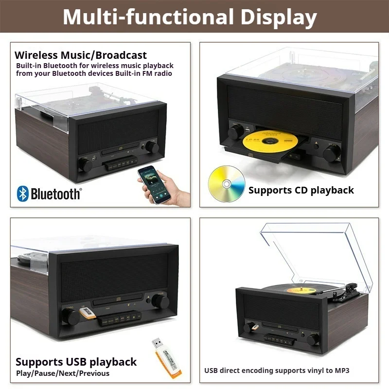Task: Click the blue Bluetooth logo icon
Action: [22, 194]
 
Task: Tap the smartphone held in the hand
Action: [154, 184]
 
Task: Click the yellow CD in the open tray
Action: [270, 141]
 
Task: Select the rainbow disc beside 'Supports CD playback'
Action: [227, 184]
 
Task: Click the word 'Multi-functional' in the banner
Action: [148, 17]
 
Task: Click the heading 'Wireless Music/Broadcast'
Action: [81, 55]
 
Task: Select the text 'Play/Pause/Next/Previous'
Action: [63, 373]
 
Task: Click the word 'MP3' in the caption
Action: [342, 371]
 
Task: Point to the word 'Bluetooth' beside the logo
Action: [55, 194]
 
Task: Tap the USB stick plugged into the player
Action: [88, 313]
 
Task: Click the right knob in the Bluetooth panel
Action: [152, 147]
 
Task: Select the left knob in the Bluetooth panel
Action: [85, 165]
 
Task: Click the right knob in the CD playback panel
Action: [332, 153]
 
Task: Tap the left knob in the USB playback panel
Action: [71, 317]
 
